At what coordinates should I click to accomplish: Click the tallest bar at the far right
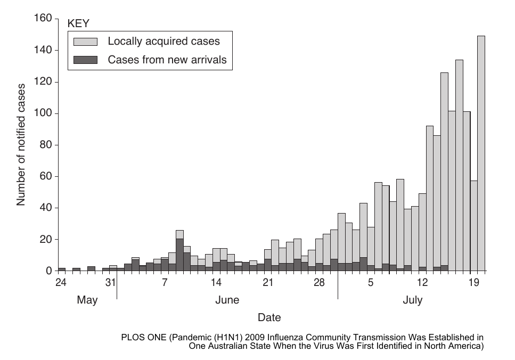tap(481, 153)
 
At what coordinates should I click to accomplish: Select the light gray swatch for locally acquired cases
tap(85, 42)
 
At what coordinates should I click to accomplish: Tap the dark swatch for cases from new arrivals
tap(85, 60)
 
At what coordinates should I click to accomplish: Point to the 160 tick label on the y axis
tap(43, 18)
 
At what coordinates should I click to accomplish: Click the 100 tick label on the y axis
tap(43, 113)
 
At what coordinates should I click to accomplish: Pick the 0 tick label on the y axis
tap(49, 271)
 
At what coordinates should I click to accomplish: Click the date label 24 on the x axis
tap(61, 282)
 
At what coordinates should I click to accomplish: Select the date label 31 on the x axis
tap(111, 282)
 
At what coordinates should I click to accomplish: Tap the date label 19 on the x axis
tap(474, 282)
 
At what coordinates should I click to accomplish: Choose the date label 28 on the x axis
tap(319, 282)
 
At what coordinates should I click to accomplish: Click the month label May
tap(87, 300)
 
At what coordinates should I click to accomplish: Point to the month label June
tap(227, 300)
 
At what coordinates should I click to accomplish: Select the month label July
tap(413, 300)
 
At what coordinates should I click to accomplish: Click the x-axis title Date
tap(269, 317)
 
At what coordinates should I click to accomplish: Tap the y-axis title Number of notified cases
tap(21, 145)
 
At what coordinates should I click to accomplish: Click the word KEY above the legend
tap(78, 23)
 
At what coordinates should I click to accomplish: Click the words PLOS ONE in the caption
tap(144, 337)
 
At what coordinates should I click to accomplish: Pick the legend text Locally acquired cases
tap(164, 42)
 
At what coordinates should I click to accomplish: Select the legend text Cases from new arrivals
tap(167, 60)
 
